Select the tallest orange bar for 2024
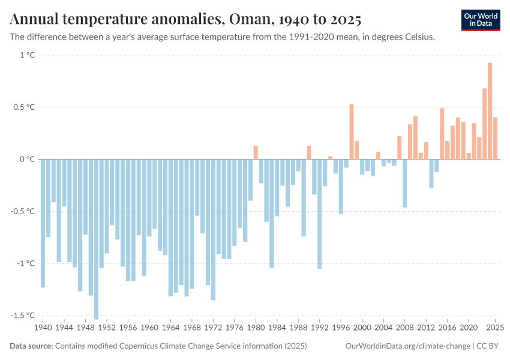point(490,111)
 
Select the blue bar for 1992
point(319,214)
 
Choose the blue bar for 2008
point(405,183)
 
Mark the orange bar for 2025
point(496,138)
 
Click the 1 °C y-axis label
point(28,55)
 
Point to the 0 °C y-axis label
point(28,159)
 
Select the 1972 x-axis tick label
point(213,328)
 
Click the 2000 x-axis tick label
point(362,328)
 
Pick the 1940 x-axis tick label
point(43,328)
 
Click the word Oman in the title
point(247,20)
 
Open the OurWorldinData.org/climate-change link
point(407,346)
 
